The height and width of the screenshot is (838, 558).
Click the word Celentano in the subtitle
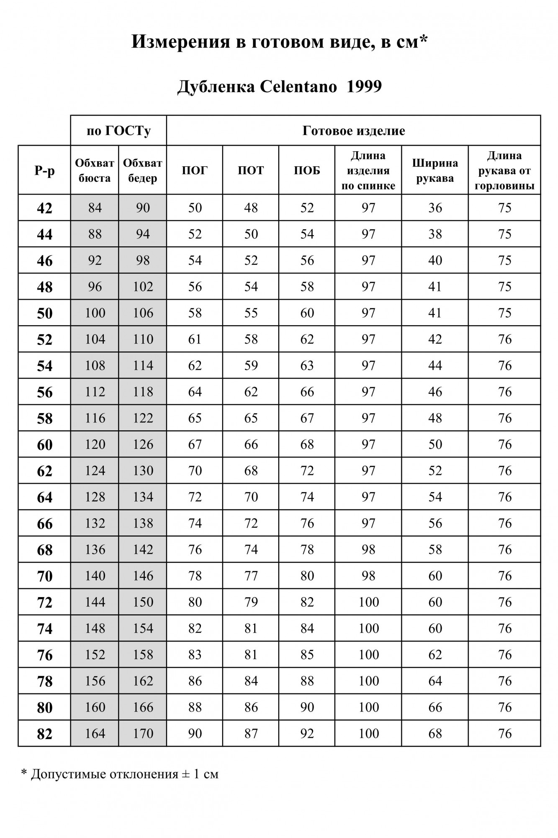[x=298, y=87]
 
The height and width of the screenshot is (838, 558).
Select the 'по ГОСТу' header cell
[x=118, y=131]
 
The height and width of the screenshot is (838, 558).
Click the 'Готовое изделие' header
[x=354, y=131]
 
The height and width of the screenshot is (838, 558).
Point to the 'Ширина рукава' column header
[x=435, y=170]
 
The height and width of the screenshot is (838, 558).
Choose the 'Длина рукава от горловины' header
[x=504, y=170]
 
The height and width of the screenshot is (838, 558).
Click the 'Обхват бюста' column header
[x=95, y=170]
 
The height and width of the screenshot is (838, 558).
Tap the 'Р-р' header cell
[x=44, y=170]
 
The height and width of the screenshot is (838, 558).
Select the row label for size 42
[x=44, y=208]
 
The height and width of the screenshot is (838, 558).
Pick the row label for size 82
[x=44, y=734]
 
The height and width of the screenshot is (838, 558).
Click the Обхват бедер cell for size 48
[x=143, y=287]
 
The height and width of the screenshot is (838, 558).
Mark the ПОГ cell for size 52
[x=195, y=339]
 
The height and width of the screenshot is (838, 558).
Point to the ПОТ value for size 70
[x=251, y=576]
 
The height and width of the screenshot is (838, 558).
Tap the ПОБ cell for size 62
[x=307, y=471]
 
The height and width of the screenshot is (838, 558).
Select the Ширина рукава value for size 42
[x=435, y=208]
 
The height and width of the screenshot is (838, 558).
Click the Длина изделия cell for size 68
[x=368, y=549]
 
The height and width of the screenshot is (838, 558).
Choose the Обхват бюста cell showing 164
[x=95, y=733]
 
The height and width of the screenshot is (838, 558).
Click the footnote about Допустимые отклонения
[x=120, y=774]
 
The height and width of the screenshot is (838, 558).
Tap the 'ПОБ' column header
[x=307, y=170]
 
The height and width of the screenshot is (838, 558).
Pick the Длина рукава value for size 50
[x=504, y=313]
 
